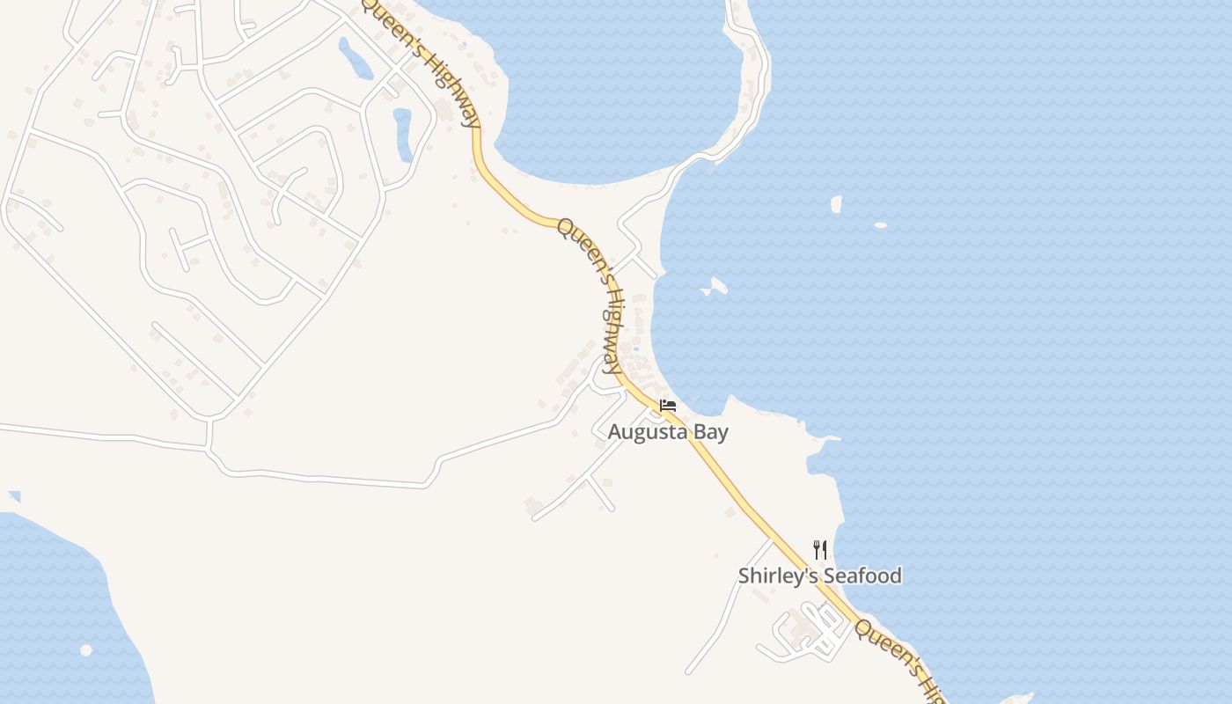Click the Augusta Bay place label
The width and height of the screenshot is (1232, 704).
pyautogui.click(x=668, y=432)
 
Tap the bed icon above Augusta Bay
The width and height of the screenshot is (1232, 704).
pyautogui.click(x=668, y=406)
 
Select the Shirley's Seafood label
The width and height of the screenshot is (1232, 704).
pyautogui.click(x=819, y=576)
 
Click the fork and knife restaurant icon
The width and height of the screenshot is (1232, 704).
pyautogui.click(x=820, y=550)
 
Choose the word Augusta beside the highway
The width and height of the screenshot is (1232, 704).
pyautogui.click(x=648, y=432)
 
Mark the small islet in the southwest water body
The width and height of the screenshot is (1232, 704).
pyautogui.click(x=86, y=650)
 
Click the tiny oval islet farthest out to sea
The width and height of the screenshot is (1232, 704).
pyautogui.click(x=881, y=225)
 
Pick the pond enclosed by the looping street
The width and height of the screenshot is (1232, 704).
pyautogui.click(x=403, y=134)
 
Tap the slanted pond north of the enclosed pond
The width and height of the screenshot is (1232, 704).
pyautogui.click(x=356, y=58)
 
